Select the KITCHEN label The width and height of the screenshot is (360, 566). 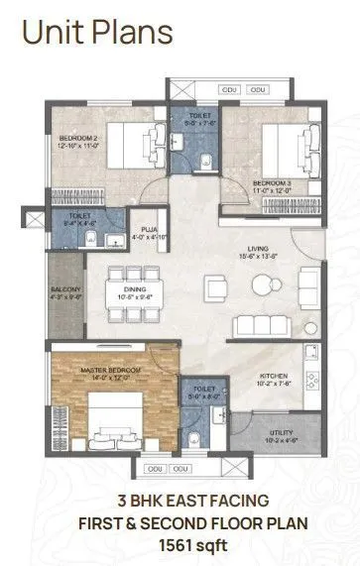pyautogui.click(x=274, y=377)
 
